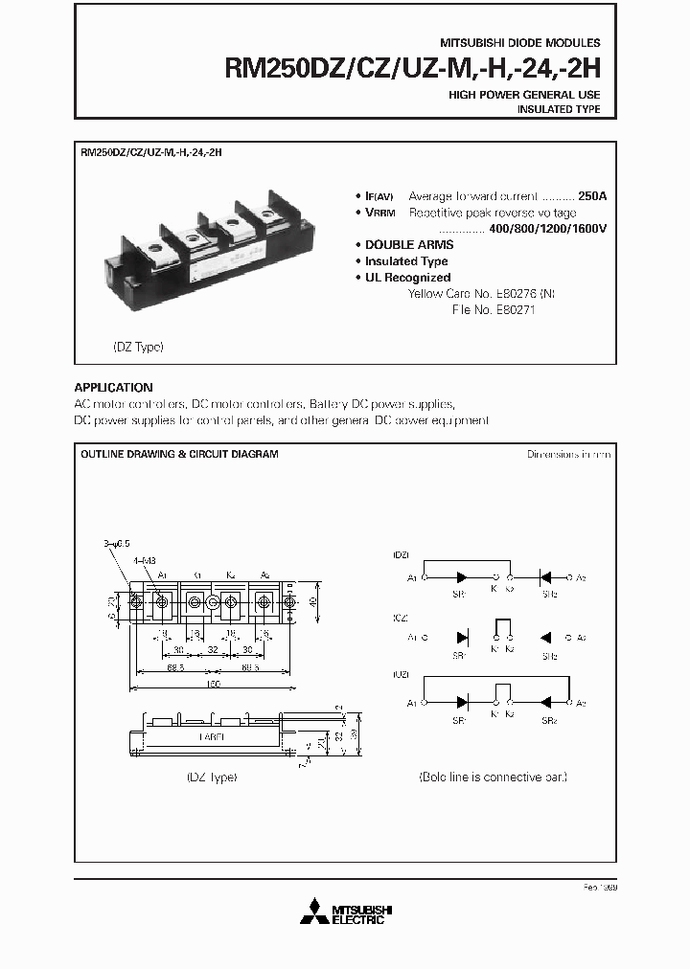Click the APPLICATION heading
coord(113,388)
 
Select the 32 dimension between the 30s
coord(212,648)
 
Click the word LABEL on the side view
coord(213,737)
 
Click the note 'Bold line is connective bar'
coord(493,777)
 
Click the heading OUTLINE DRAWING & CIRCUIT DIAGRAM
coord(179,455)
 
